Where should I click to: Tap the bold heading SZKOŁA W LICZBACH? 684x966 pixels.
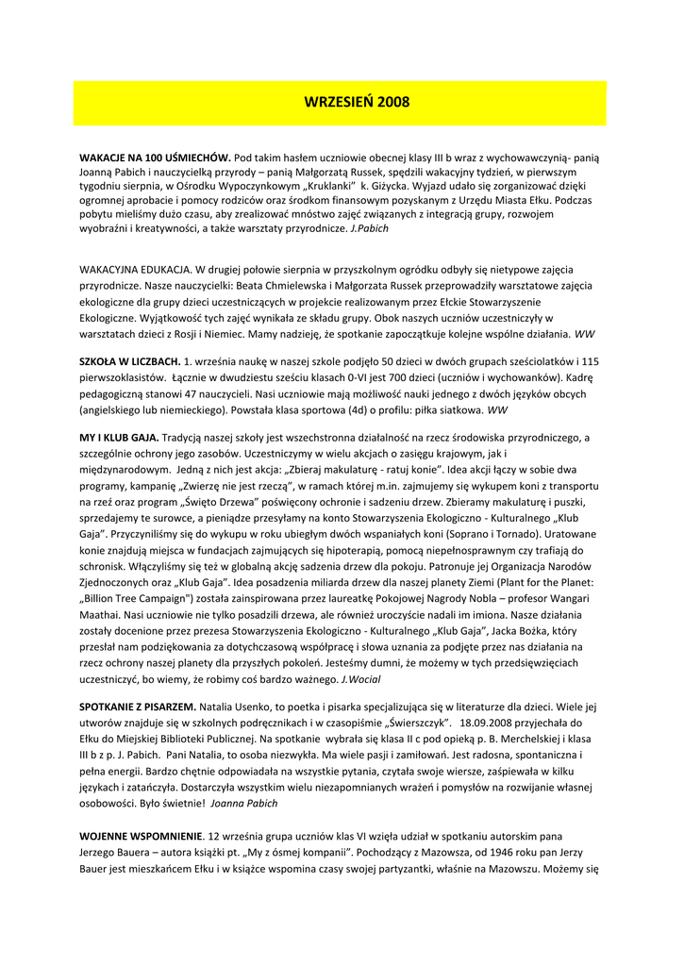(129, 361)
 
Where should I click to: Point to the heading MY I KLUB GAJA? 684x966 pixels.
(119, 438)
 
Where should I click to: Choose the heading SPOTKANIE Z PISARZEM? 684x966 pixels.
(138, 707)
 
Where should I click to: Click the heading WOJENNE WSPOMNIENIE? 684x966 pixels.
(141, 836)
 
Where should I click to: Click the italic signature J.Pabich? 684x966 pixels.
(369, 229)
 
